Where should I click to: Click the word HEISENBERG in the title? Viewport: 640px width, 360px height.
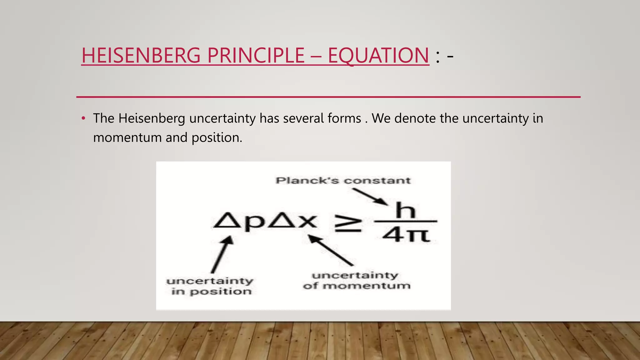(x=141, y=55)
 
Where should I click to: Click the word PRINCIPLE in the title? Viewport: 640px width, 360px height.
(x=256, y=55)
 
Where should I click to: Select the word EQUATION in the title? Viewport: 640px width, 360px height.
(x=378, y=55)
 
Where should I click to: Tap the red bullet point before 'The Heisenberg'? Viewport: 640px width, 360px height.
(x=83, y=118)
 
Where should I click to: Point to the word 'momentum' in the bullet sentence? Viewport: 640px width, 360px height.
(x=127, y=138)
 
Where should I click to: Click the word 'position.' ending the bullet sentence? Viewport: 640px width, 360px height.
(x=217, y=138)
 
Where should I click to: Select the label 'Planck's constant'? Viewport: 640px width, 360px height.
(x=343, y=181)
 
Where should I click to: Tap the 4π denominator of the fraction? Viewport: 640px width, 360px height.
(x=406, y=235)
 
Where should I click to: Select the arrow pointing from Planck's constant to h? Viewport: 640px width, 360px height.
(x=370, y=197)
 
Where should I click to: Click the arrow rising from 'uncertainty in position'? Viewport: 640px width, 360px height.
(x=222, y=254)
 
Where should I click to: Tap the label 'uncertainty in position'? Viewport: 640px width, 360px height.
(x=210, y=286)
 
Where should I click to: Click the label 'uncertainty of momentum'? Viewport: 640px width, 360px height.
(x=356, y=280)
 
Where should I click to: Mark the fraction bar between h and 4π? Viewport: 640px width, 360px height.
(x=406, y=221)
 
